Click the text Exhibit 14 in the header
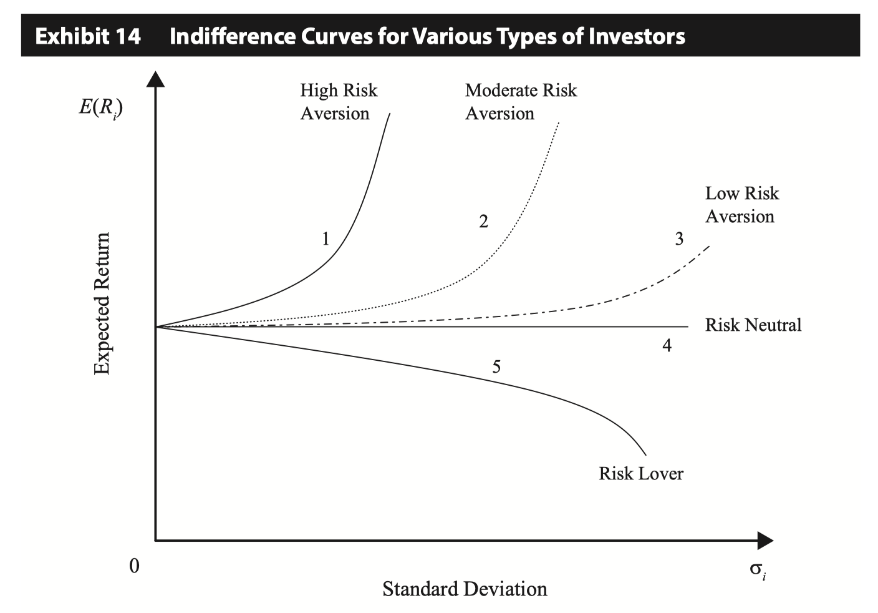pos(88,36)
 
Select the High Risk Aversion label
pos(339,102)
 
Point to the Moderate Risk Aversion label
pos(521,102)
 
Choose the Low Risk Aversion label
pos(741,205)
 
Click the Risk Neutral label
pos(753,325)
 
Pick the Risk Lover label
pos(640,473)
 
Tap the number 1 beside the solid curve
pos(325,238)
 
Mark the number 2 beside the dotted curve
pos(483,221)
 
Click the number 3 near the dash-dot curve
pos(679,238)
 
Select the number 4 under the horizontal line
pos(667,345)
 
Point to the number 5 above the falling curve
pos(496,366)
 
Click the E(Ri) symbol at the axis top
pos(100,107)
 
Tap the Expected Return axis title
pos(102,303)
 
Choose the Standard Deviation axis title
pos(465,588)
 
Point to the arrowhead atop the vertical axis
pos(156,79)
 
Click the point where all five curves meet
pos(157,326)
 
